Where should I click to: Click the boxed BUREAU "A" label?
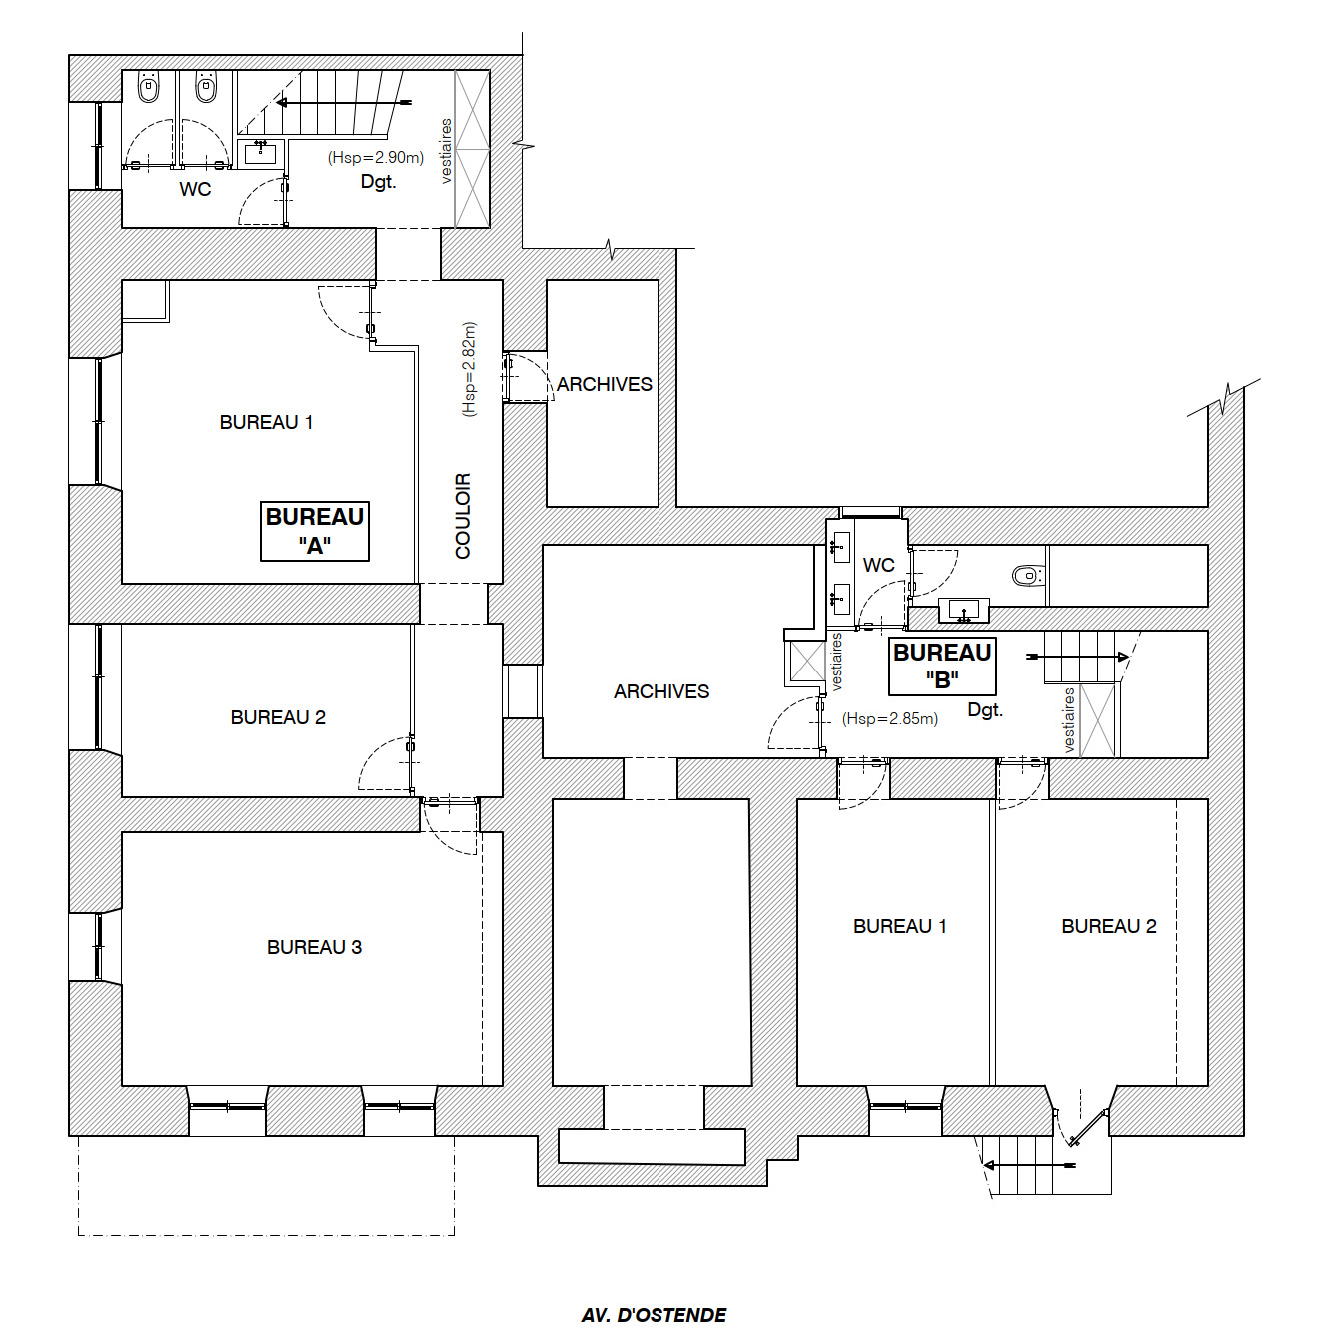[315, 531]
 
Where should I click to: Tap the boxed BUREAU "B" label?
[943, 667]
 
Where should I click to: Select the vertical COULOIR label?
[464, 516]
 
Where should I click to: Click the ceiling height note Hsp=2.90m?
[376, 157]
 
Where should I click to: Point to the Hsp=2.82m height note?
[470, 369]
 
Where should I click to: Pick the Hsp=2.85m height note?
[890, 718]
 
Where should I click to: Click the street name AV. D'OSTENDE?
[655, 1315]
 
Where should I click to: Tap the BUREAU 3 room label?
[315, 947]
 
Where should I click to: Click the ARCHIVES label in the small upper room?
[604, 384]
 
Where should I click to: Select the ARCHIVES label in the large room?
[661, 691]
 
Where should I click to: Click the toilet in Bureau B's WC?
[1027, 576]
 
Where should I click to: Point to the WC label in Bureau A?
[195, 189]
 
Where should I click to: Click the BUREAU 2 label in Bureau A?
[279, 717]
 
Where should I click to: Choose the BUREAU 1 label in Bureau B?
[900, 926]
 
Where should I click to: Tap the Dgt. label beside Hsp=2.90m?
[379, 182]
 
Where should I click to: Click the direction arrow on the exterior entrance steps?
[1029, 1164]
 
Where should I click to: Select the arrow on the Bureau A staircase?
[343, 103]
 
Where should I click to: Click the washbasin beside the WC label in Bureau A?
[261, 153]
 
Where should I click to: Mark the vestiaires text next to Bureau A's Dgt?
[446, 151]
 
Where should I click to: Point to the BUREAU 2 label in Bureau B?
[1109, 926]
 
